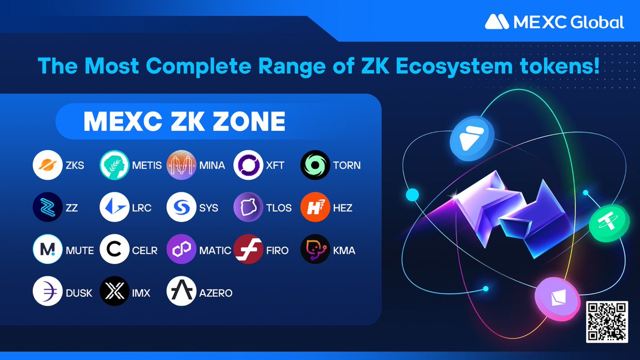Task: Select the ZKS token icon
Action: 47,165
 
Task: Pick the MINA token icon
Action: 182,165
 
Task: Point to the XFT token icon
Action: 249,165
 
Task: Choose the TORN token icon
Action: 316,165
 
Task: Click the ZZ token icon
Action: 47,207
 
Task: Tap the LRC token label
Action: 141,208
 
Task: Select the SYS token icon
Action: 182,207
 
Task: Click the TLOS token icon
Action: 249,207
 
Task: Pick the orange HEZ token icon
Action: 316,207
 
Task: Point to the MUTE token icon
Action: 47,250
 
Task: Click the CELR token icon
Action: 115,250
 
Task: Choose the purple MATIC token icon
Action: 182,250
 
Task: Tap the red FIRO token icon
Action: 249,250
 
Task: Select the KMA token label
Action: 344,250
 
